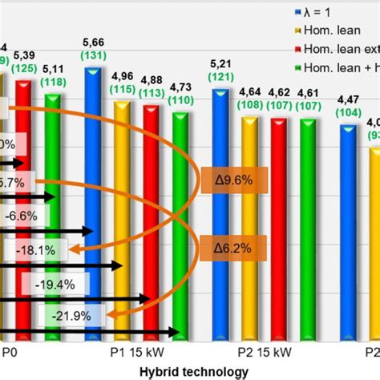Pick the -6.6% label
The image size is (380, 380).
click(27, 216)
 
